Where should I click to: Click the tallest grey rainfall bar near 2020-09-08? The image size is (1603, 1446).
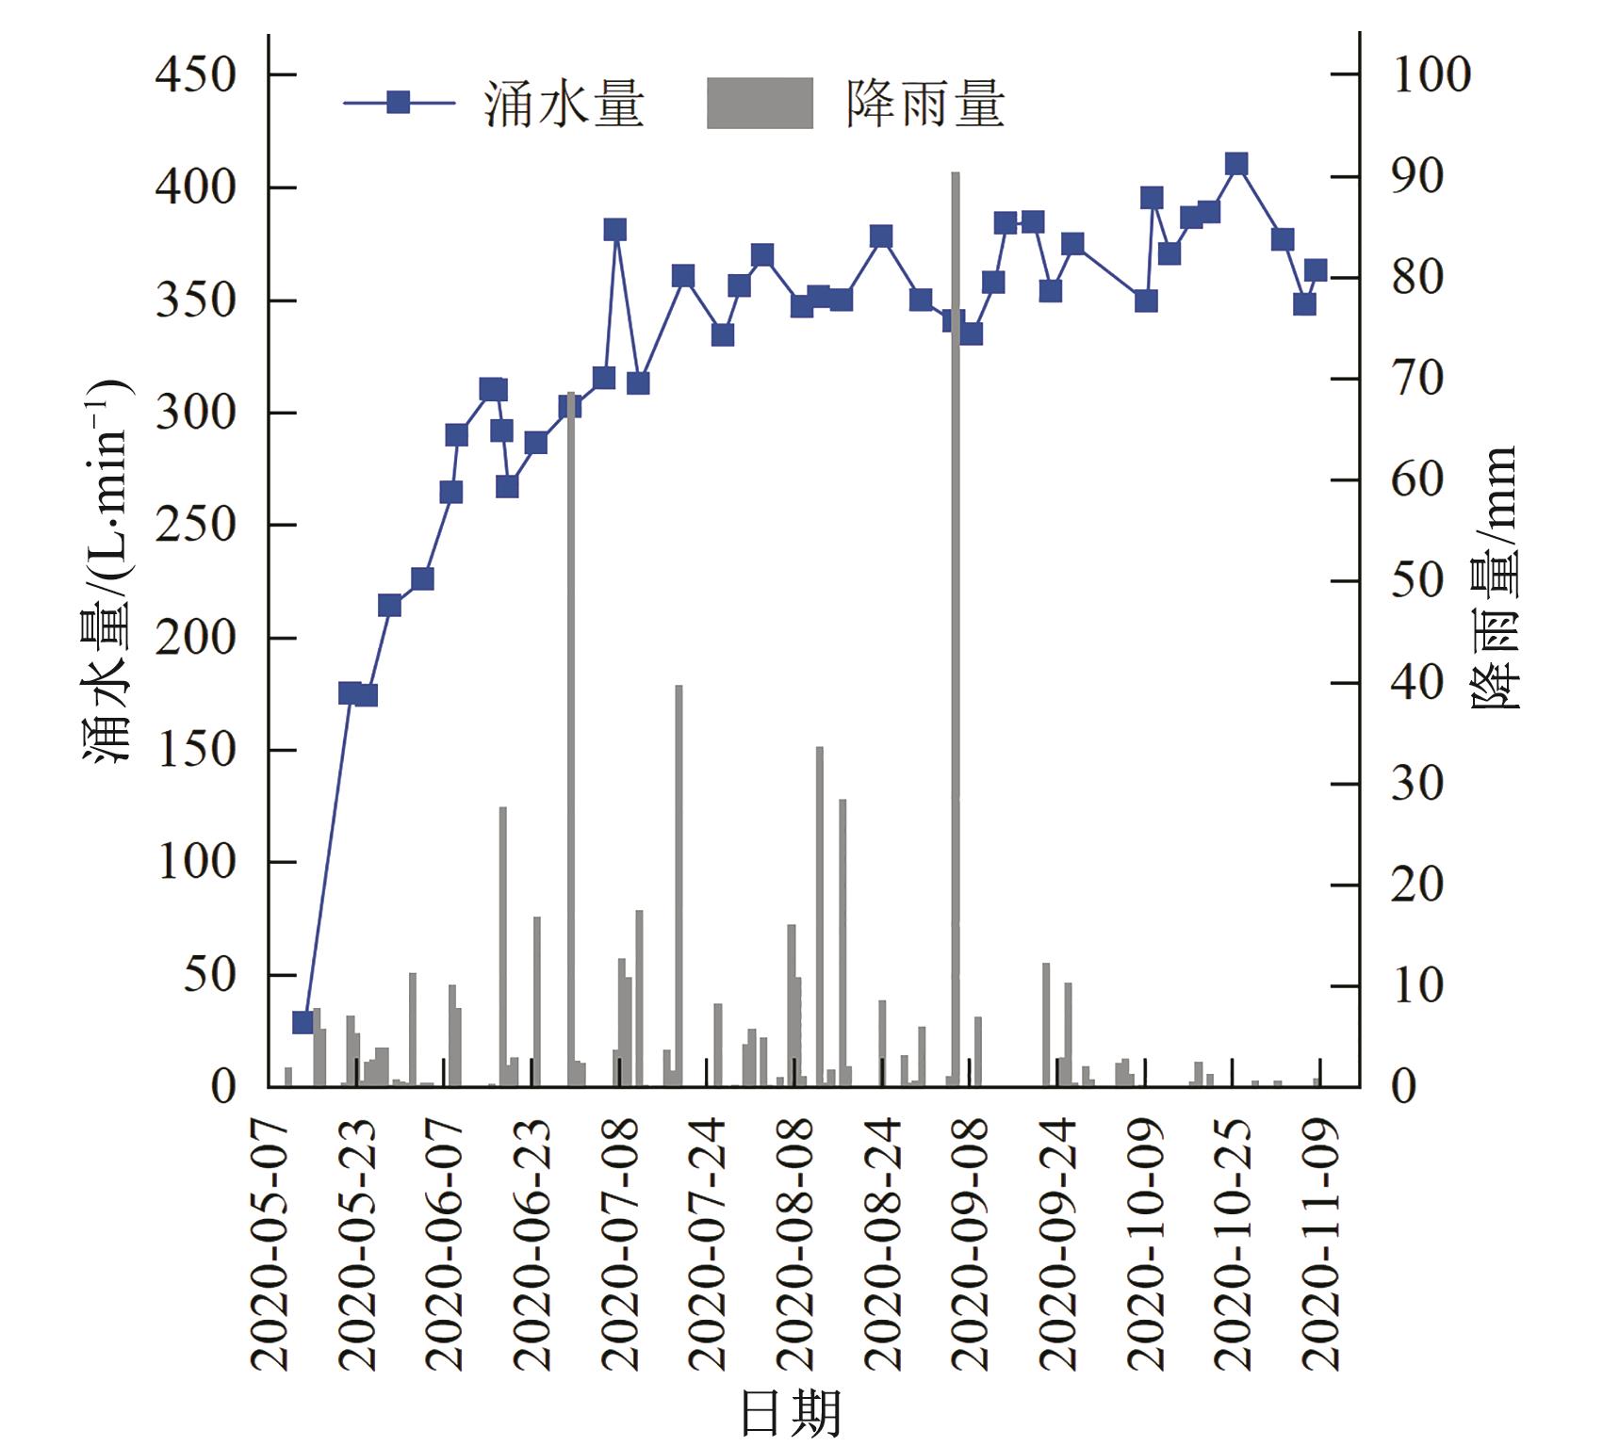point(955,631)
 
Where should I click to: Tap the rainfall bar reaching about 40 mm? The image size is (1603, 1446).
point(679,885)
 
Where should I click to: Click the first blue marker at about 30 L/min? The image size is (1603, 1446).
point(303,1023)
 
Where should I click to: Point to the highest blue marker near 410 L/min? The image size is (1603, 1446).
point(1237,165)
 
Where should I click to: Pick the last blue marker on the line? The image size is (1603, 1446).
point(1317,271)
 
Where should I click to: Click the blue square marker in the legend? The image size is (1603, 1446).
point(399,103)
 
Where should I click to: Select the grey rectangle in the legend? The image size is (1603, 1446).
point(760,103)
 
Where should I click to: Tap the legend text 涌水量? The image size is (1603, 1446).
point(564,103)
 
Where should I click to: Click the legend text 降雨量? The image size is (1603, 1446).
point(924,103)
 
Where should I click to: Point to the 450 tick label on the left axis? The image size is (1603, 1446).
point(196,75)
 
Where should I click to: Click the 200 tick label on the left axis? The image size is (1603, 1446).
point(196,638)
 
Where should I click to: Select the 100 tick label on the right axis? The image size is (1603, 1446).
point(1431,75)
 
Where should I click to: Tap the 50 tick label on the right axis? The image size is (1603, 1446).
point(1417,581)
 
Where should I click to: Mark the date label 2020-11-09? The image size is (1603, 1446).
point(1320,1243)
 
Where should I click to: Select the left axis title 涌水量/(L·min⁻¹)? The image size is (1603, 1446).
point(106,575)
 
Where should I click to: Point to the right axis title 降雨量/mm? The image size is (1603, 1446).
point(1495,577)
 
